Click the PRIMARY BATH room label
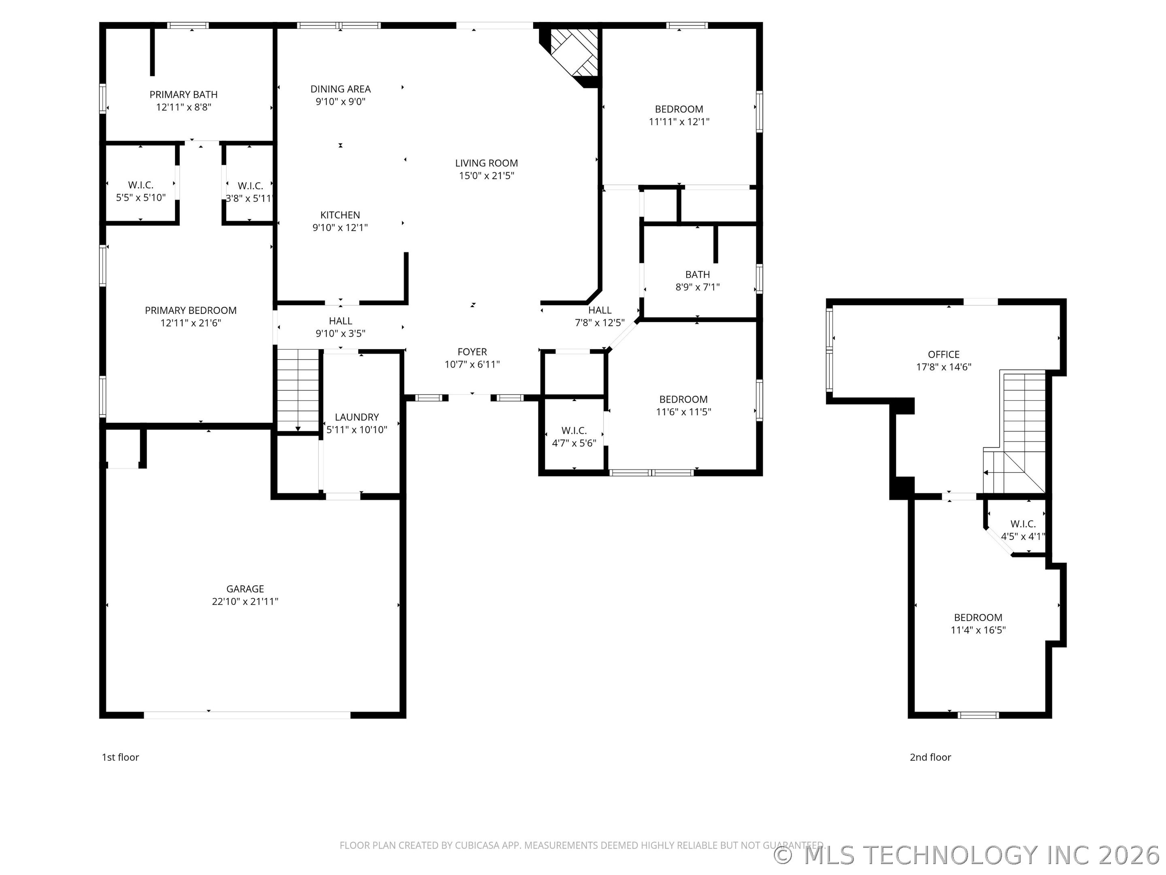183,94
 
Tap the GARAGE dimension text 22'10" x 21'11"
245,601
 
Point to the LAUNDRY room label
357,417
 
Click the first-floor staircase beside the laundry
298,390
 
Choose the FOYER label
472,352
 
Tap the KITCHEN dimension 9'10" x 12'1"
340,227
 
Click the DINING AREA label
340,89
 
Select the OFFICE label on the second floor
944,354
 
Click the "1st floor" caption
120,758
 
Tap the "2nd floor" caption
930,758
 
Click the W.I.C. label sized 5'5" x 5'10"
141,185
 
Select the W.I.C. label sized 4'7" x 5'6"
574,431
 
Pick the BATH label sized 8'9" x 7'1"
698,275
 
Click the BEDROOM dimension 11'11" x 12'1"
679,122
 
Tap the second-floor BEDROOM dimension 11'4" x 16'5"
978,630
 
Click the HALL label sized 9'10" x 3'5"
340,321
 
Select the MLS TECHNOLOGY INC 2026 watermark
969,855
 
